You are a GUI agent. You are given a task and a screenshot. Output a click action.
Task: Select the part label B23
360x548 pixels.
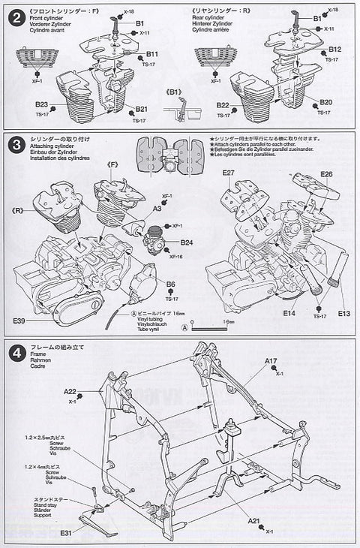click(41, 104)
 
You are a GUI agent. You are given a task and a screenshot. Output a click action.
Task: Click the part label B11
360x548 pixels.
click(152, 55)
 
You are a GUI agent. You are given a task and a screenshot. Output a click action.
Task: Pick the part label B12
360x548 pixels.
click(334, 50)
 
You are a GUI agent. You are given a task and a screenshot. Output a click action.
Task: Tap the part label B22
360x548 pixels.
click(221, 105)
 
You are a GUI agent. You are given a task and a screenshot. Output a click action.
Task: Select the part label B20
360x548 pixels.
click(325, 102)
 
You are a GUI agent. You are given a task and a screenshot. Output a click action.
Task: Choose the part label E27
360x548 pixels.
click(228, 173)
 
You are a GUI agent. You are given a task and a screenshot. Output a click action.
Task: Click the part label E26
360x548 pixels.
click(325, 174)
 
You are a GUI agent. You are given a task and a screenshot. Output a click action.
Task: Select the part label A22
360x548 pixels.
click(70, 391)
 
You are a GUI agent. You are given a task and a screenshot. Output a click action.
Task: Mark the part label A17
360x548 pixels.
click(271, 361)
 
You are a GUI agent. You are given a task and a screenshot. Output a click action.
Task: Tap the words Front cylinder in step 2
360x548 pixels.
click(43, 20)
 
